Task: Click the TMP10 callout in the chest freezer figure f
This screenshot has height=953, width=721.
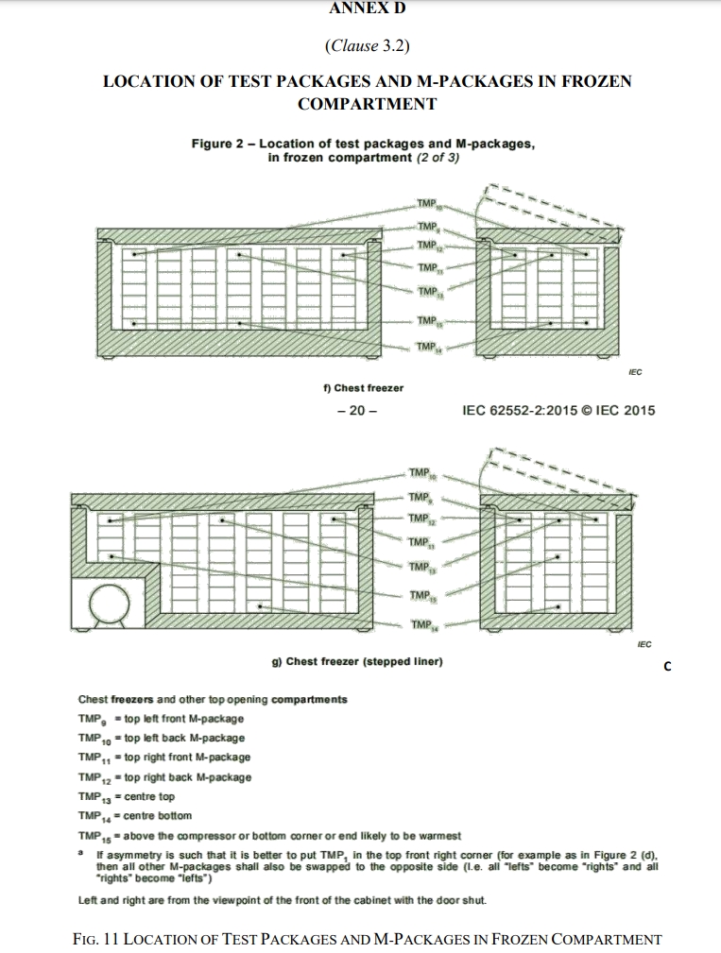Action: click(428, 204)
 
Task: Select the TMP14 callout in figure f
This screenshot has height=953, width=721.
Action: click(428, 348)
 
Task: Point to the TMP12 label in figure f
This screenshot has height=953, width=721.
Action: click(428, 246)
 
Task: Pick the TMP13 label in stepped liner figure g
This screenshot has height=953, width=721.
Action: click(422, 567)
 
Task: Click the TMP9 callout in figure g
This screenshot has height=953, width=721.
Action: click(421, 497)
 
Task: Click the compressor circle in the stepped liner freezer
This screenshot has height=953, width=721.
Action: click(109, 602)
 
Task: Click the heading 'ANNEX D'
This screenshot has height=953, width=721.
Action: click(360, 9)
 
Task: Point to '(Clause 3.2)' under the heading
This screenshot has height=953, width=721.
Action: click(360, 44)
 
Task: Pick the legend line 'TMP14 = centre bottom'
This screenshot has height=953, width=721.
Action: click(134, 815)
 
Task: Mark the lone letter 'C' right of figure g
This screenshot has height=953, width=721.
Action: click(667, 667)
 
